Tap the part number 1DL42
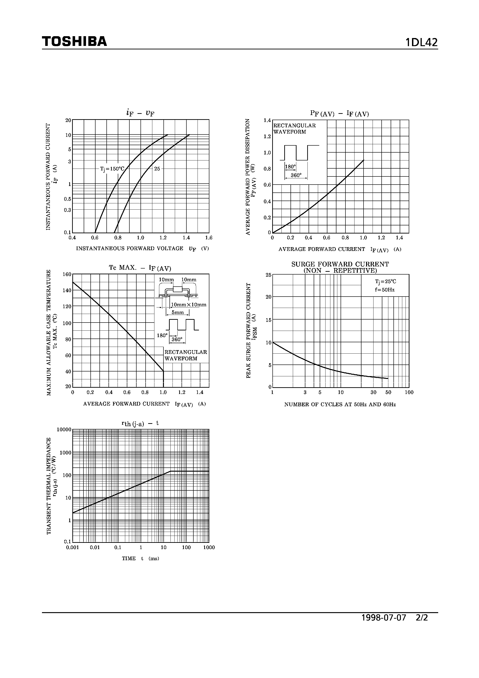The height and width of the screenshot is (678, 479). point(422,42)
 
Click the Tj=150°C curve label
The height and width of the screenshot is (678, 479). point(112,169)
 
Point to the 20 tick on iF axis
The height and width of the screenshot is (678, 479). point(68,120)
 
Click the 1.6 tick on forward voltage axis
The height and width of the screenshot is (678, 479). point(209,238)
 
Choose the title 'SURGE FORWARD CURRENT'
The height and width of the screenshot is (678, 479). point(340,264)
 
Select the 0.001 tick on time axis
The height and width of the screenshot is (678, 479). point(72,547)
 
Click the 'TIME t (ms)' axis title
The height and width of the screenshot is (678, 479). point(141,558)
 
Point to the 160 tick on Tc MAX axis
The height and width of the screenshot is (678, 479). point(67,274)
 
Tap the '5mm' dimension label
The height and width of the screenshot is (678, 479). point(178,312)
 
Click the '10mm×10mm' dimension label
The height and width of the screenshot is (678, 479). point(189,305)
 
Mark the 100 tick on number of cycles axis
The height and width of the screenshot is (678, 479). point(409,393)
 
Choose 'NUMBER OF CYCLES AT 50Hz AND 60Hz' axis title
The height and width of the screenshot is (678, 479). point(340,405)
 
